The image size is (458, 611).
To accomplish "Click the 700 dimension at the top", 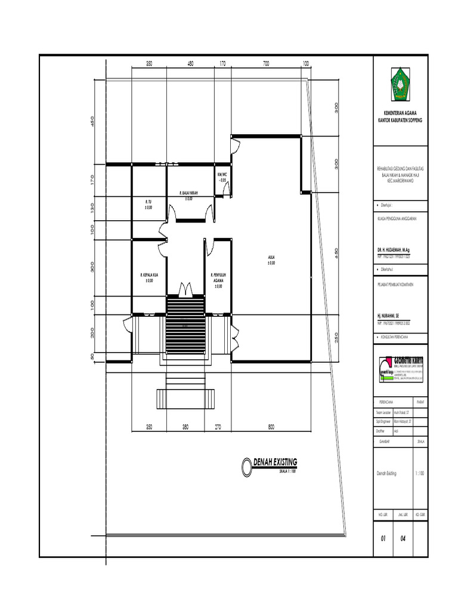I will [x=266, y=63].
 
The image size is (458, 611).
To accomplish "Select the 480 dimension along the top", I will [x=190, y=63].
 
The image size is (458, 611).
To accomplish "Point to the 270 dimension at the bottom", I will [x=218, y=427].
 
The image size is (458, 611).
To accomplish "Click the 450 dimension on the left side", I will [x=92, y=121].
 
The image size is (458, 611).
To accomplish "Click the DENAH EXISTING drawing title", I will [x=274, y=462].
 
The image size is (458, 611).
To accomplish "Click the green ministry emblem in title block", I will [x=400, y=83].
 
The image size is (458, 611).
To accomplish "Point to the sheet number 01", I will [x=383, y=538].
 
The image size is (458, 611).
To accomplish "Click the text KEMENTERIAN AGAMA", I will [x=400, y=113].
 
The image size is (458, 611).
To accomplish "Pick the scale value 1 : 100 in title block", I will [x=417, y=473].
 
